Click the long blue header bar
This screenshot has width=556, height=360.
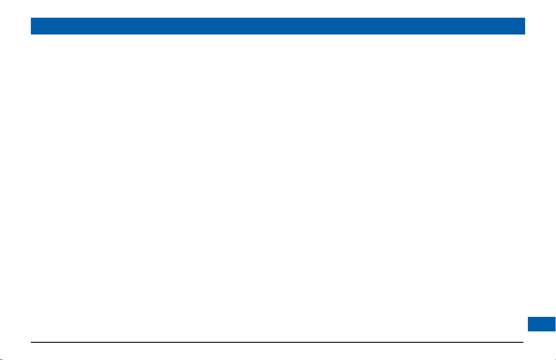(278, 26)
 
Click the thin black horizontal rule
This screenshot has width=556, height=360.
(277, 342)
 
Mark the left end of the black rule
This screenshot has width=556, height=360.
(31, 342)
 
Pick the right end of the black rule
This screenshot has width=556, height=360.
(523, 342)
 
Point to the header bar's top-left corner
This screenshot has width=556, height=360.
(31, 18)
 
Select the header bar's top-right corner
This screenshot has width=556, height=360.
(525, 18)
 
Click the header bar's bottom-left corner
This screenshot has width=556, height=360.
(31, 35)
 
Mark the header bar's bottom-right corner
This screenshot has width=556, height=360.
(525, 35)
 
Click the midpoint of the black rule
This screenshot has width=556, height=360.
(277, 342)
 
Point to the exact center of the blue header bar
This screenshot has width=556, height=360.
(278, 26)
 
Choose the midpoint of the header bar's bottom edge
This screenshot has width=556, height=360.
(278, 35)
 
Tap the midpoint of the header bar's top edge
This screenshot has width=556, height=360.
(278, 18)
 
